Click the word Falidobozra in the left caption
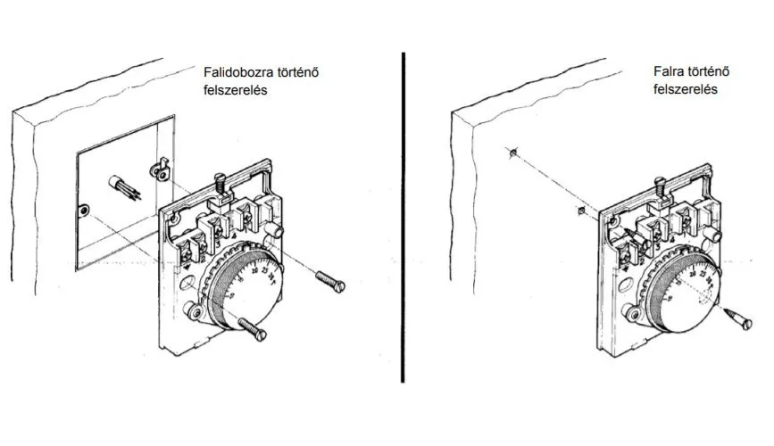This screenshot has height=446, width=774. pos(238,72)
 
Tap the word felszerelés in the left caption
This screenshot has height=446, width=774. pos(236,90)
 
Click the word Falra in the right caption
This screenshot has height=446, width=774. pos(669,71)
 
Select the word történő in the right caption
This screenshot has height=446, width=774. pos(708,71)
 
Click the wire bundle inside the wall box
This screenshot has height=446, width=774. pos(124,187)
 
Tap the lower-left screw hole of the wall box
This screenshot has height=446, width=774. pos(84,211)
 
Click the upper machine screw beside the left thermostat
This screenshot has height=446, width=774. pos(329,281)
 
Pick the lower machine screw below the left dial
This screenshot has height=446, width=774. pos(253,328)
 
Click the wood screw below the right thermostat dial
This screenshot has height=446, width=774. pos(739,318)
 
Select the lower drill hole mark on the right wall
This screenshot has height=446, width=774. pos(581,211)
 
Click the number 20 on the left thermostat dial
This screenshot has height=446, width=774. pos(254,270)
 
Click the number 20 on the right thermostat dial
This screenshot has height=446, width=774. pos(693,274)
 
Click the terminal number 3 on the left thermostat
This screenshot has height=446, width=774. pos(218,244)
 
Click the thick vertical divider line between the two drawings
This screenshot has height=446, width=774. pos(404,217)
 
